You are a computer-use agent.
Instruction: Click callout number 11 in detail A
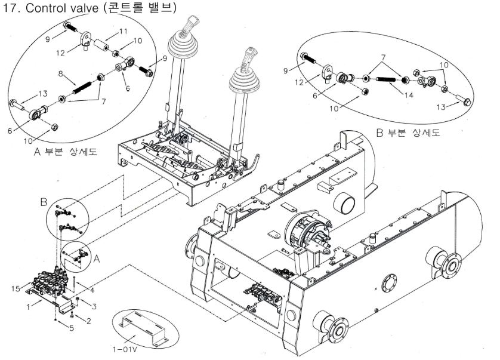tap(124, 31)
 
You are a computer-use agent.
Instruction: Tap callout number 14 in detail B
tap(391, 94)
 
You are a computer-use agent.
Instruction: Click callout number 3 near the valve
tap(93, 306)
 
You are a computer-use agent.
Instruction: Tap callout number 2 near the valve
tap(89, 321)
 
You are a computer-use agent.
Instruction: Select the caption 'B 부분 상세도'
tap(407, 133)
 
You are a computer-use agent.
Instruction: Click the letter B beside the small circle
tap(44, 203)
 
